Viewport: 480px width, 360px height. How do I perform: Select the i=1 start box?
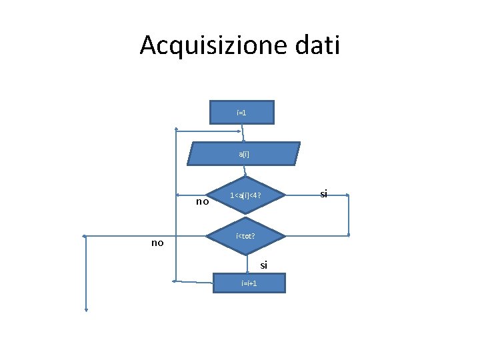(x=241, y=113)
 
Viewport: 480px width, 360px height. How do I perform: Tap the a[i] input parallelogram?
(x=244, y=154)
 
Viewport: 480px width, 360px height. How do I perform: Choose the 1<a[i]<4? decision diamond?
(x=246, y=196)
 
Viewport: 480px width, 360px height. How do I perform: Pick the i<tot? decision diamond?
(x=245, y=236)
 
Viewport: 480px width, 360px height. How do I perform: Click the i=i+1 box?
(x=249, y=283)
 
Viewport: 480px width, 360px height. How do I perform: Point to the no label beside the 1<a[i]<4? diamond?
(x=203, y=201)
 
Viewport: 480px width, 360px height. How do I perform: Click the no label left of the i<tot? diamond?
(x=157, y=243)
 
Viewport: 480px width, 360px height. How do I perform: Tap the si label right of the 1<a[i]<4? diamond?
(x=323, y=193)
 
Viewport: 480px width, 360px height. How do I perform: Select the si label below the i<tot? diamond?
(x=264, y=265)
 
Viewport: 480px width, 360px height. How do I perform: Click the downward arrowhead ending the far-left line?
(x=86, y=309)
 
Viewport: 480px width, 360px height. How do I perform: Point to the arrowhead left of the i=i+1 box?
(x=175, y=281)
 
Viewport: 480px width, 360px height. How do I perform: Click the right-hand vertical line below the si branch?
(x=349, y=215)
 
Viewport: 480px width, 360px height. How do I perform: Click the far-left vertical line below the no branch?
(x=86, y=273)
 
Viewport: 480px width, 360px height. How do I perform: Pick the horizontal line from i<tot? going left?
(x=147, y=236)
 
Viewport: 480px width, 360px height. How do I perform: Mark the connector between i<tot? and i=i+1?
(x=249, y=265)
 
